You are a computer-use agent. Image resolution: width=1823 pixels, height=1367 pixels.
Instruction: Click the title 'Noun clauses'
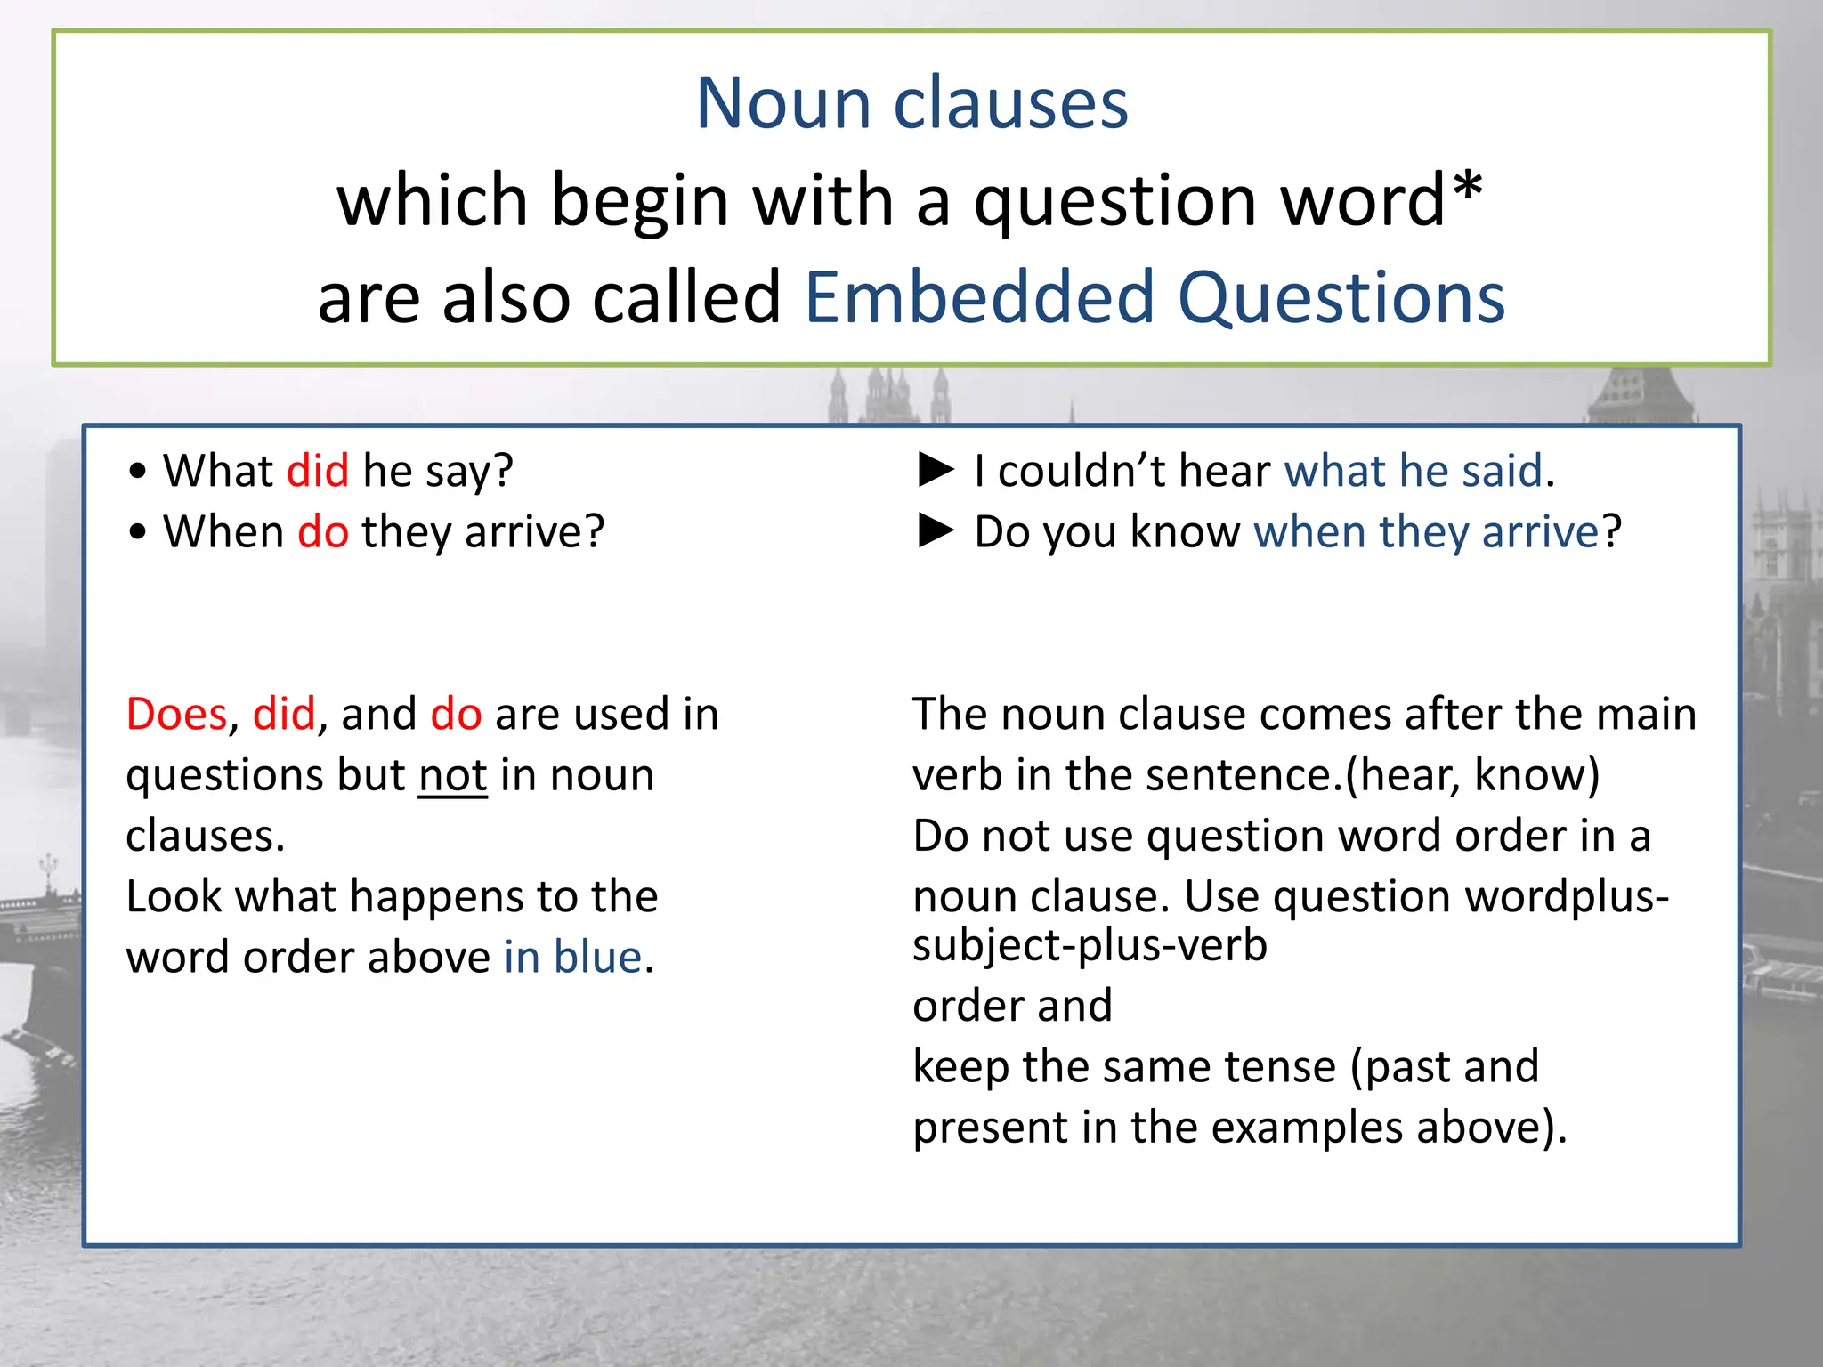[x=911, y=103]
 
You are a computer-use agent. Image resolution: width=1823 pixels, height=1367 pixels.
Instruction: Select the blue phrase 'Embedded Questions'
[x=1154, y=297]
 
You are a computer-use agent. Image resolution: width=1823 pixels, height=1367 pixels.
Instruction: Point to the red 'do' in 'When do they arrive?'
[x=323, y=531]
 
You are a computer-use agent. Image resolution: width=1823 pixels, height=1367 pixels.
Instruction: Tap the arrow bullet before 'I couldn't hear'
[x=936, y=470]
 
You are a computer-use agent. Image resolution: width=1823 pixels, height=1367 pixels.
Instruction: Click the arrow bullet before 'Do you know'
[x=936, y=530]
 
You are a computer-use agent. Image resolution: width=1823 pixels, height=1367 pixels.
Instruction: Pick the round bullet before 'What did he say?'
[x=137, y=472]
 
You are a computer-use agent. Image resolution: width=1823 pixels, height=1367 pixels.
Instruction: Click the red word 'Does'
[x=177, y=714]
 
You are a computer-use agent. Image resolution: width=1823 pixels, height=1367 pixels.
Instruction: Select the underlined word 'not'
[x=452, y=775]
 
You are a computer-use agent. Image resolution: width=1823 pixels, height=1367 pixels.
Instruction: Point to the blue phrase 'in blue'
[x=572, y=958]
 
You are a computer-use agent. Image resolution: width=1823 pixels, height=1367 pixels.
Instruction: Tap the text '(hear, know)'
[x=1472, y=775]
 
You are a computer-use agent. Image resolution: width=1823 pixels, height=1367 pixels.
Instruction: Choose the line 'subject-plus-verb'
[x=1090, y=945]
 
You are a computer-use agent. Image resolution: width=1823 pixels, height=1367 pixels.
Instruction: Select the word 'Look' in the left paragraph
[x=174, y=896]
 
